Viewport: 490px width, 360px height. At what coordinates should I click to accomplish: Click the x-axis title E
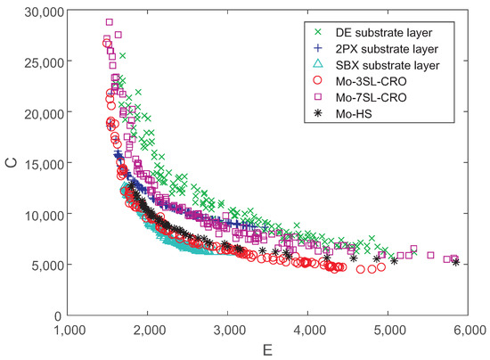268,348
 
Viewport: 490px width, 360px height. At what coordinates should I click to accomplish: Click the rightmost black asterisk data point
456,262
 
